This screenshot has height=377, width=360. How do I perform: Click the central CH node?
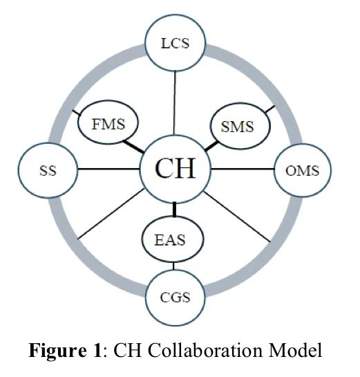pos(175,169)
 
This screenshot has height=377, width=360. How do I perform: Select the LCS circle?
pos(175,43)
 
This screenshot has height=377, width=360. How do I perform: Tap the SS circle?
pos(48,170)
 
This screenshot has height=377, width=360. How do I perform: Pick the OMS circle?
pos(303,170)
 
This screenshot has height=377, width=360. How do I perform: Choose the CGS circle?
pos(175,297)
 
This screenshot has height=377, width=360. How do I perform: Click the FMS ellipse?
pos(108,122)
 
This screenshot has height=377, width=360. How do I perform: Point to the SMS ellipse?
pos(240,126)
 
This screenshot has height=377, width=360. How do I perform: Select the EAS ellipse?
pos(173,239)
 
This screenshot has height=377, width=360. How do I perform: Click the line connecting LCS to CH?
pos(175,103)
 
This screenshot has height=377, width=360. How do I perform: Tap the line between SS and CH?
pos(108,169)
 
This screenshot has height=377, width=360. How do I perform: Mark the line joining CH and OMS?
pos(243,169)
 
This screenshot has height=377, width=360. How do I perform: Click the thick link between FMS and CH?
pos(133,147)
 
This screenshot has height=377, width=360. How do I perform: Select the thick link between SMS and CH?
pos(211,147)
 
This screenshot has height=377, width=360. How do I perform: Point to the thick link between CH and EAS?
pos(174,210)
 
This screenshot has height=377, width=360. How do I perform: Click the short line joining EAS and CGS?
pos(173,266)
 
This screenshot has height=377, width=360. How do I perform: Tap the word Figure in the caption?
pos(57,350)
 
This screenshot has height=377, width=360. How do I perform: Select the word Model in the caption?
pos(295,350)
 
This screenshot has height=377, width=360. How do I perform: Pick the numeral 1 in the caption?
pos(97,350)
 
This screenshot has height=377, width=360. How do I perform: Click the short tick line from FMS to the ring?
pos(77,113)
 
